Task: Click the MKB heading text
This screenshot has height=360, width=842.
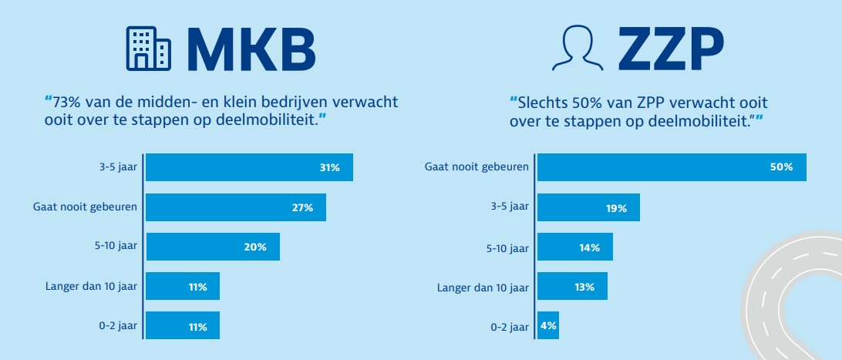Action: [x=251, y=50]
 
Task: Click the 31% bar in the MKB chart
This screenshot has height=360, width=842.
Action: [x=249, y=167]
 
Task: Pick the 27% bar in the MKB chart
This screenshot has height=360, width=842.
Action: [x=235, y=207]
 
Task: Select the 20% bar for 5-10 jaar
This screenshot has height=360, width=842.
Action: [x=212, y=247]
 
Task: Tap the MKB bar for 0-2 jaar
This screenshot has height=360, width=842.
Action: [x=182, y=326]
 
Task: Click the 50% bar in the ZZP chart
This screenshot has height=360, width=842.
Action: [x=671, y=167]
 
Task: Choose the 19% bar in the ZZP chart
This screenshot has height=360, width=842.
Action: [x=588, y=207]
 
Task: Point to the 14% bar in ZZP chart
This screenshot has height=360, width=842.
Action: [x=574, y=247]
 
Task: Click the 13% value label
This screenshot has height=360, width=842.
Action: [x=584, y=287]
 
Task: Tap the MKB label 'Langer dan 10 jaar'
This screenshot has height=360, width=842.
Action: [x=91, y=287]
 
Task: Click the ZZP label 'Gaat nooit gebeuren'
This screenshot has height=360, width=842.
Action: [x=477, y=167]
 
